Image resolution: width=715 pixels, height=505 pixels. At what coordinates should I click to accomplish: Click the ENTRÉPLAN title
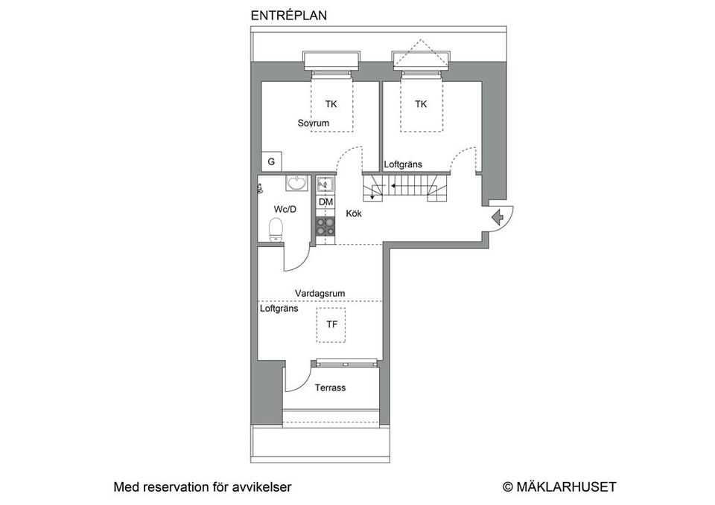click(x=289, y=15)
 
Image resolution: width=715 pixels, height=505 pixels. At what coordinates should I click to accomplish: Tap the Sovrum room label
click(x=313, y=123)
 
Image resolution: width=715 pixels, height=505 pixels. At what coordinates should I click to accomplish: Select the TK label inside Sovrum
click(x=331, y=104)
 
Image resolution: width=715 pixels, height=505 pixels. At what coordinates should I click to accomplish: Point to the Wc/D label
click(x=285, y=209)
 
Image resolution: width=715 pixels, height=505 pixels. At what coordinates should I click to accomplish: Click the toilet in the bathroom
click(x=276, y=230)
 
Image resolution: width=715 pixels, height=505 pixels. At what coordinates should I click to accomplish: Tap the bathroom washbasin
click(x=297, y=183)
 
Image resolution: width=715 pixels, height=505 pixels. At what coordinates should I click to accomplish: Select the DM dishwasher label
click(x=325, y=202)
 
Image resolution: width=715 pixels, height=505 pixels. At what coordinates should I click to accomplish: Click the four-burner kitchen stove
click(x=325, y=227)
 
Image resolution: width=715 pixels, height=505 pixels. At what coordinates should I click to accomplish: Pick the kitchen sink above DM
click(x=325, y=184)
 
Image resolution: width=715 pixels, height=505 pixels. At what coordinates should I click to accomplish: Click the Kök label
click(x=355, y=213)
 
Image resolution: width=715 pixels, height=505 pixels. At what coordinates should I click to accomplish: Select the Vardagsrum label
click(x=320, y=293)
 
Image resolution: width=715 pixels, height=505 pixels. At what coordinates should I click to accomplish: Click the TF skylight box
click(x=331, y=325)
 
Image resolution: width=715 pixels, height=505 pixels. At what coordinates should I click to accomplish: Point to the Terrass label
click(x=330, y=387)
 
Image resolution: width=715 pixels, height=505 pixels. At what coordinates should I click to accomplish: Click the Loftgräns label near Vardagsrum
click(x=279, y=307)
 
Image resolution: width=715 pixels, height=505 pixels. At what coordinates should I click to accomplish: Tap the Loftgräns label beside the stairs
click(x=403, y=164)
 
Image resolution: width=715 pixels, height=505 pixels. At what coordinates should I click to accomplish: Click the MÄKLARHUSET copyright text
click(x=559, y=487)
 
